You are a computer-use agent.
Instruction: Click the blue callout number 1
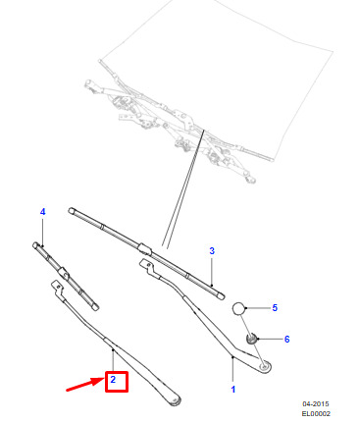[232, 390]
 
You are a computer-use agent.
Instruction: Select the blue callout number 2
[113, 380]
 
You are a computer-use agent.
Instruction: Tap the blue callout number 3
[212, 251]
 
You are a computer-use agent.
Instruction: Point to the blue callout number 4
[43, 212]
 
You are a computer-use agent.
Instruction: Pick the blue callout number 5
[275, 308]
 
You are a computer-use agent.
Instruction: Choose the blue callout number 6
[286, 340]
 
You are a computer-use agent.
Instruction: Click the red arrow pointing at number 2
[85, 385]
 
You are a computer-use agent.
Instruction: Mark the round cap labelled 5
[238, 308]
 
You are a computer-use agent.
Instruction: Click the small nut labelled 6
[251, 339]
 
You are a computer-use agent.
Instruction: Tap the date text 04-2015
[316, 404]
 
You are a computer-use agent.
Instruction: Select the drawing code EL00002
[316, 414]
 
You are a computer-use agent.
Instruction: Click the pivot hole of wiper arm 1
[264, 367]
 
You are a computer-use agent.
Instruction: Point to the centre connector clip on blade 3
[144, 249]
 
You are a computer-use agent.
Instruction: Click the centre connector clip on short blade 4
[64, 272]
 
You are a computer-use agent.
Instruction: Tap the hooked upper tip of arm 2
[57, 288]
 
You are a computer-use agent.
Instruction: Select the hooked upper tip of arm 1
[146, 266]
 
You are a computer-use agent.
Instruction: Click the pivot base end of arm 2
[175, 401]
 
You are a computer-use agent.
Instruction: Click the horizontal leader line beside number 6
[270, 339]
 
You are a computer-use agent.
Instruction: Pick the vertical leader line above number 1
[232, 370]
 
